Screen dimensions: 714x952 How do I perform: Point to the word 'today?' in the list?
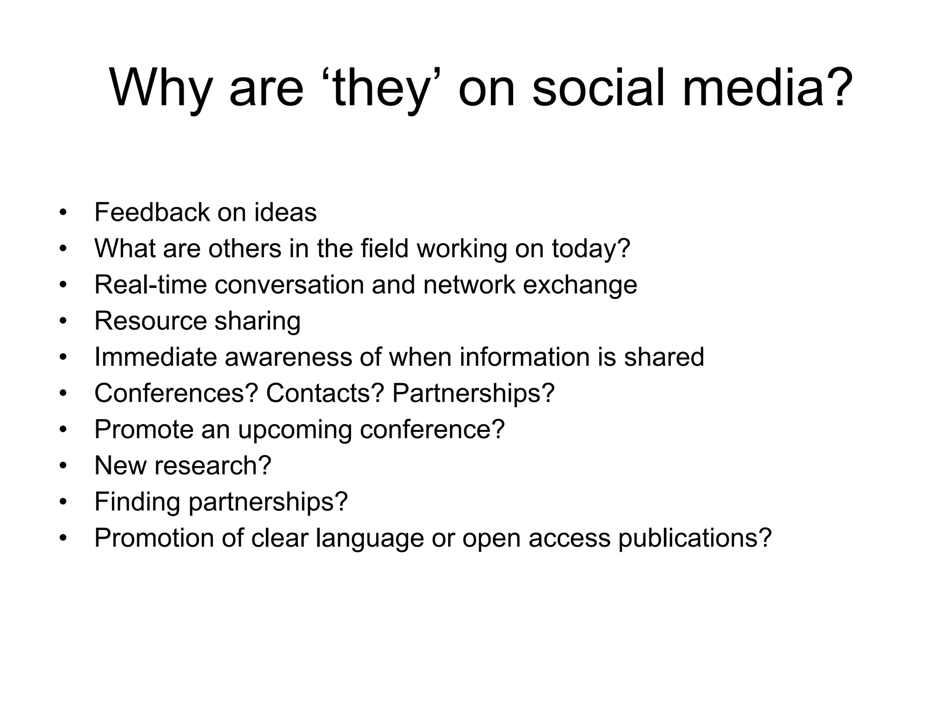(x=591, y=249)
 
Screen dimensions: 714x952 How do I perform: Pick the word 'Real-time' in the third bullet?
(x=150, y=284)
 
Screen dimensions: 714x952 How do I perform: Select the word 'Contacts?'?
(x=325, y=393)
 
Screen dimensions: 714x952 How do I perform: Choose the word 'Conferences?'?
(x=176, y=393)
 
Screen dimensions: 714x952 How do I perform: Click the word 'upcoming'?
(x=295, y=430)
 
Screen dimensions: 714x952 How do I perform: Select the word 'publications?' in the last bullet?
(x=695, y=538)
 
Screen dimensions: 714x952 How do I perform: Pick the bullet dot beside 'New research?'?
(x=63, y=466)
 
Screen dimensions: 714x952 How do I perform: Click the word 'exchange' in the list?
(x=580, y=284)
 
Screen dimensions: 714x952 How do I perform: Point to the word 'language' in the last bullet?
(x=370, y=538)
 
